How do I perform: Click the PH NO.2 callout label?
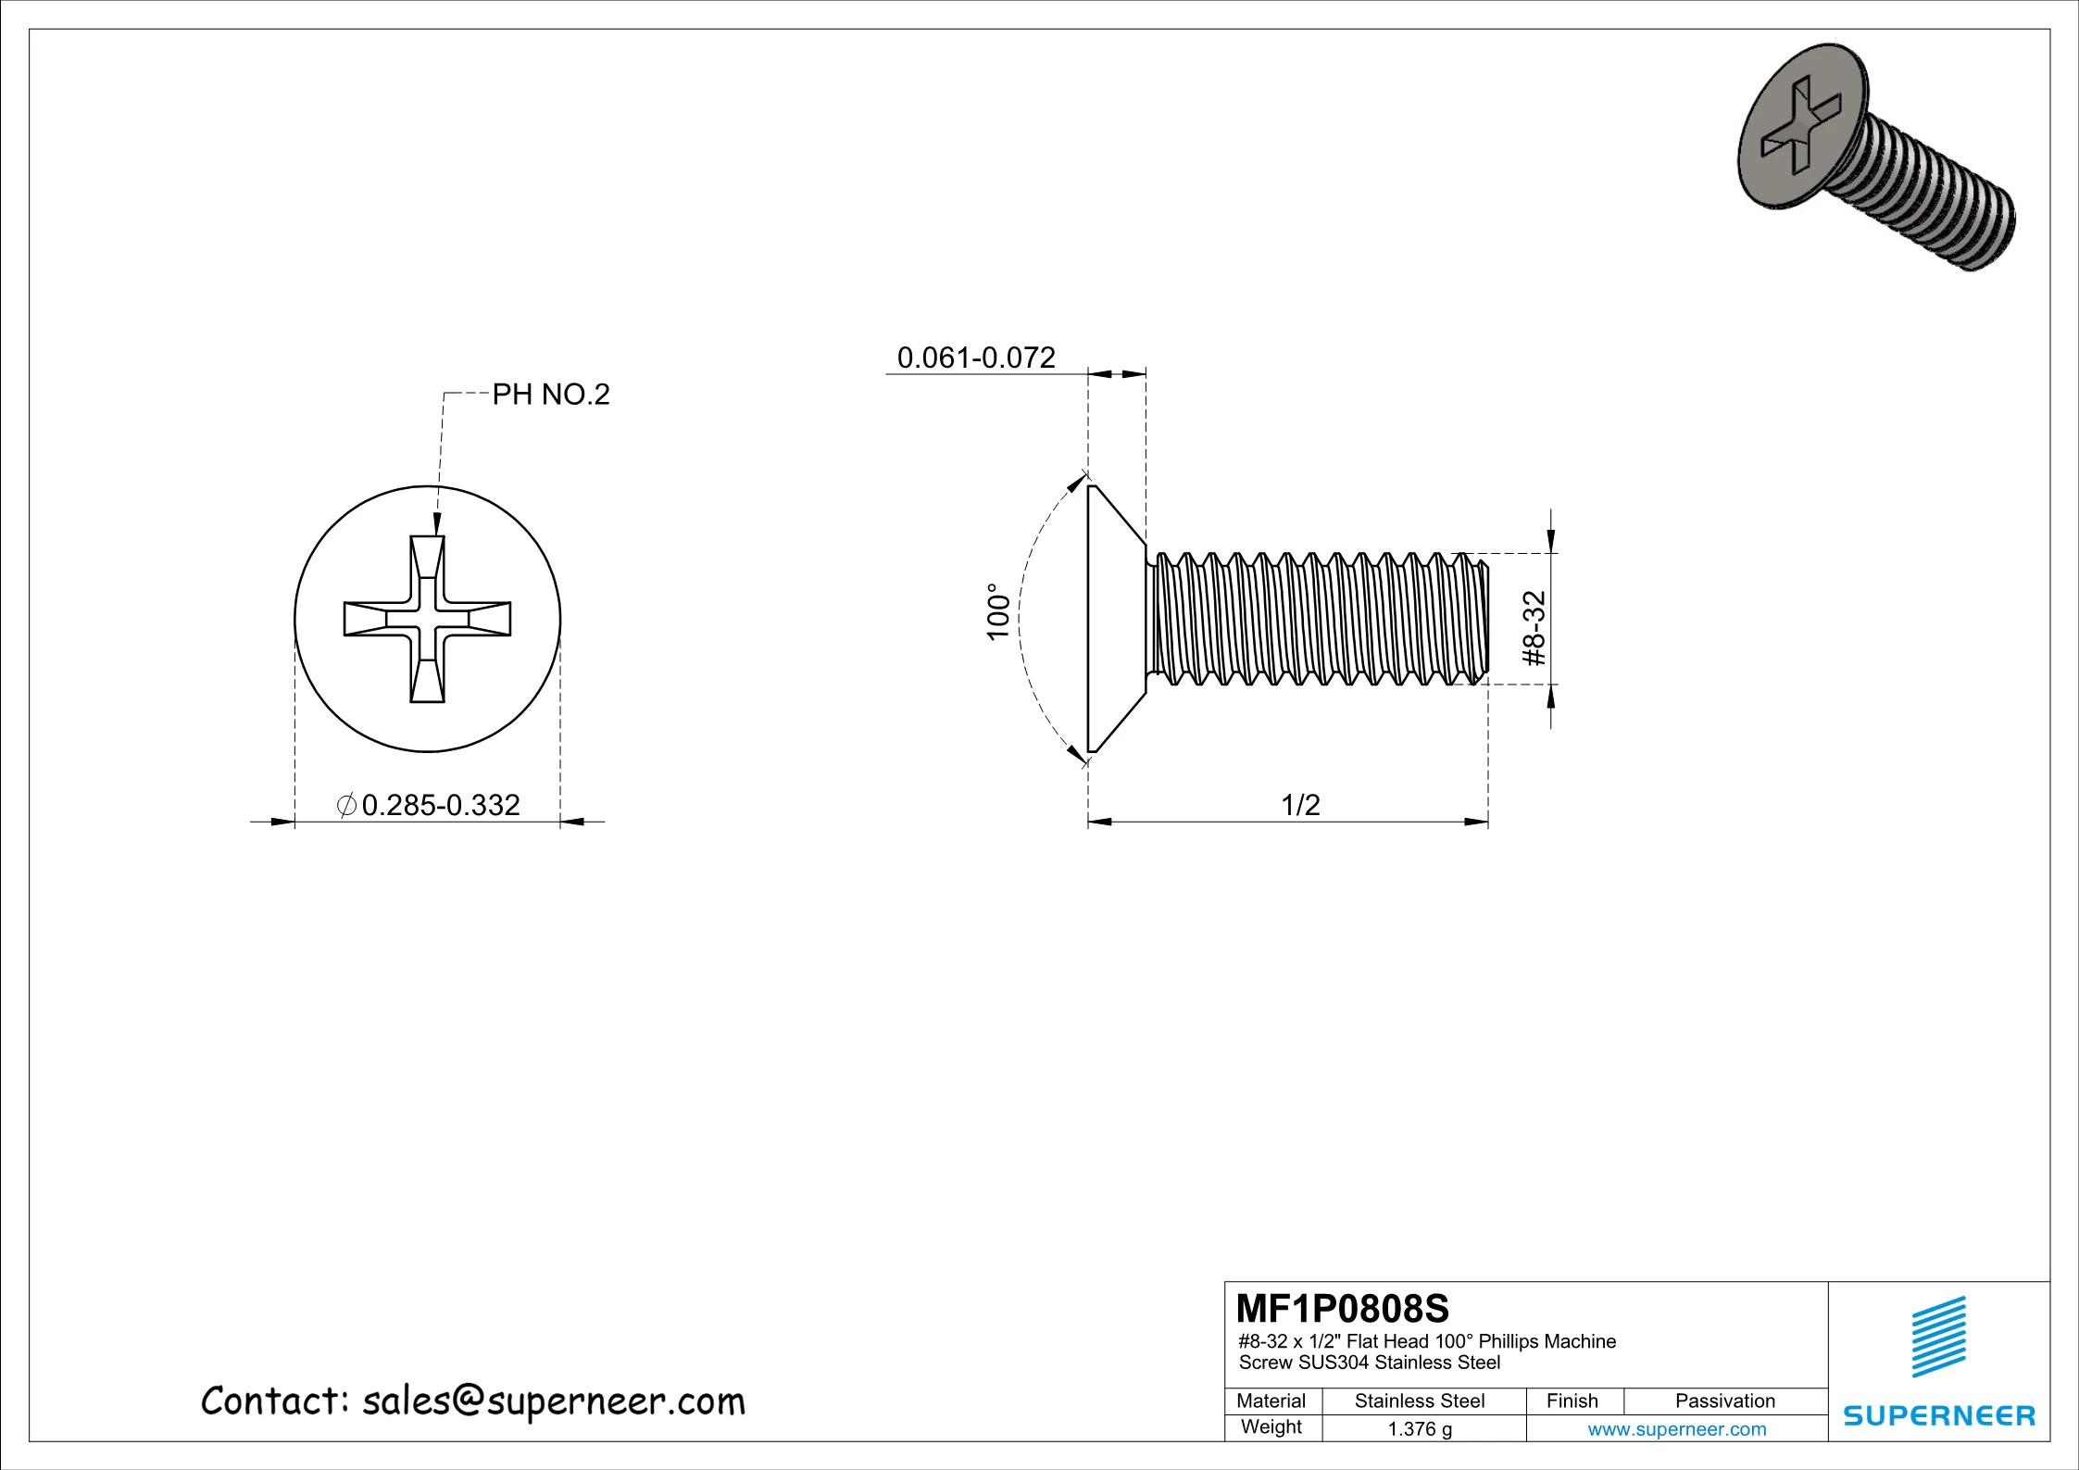(550, 396)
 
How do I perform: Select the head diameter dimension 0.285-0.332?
(439, 805)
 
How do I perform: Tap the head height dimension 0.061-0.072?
(976, 358)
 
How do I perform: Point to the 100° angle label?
(996, 612)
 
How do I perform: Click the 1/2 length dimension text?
(1300, 805)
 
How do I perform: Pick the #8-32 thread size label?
(1534, 629)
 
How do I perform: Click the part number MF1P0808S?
(1343, 1309)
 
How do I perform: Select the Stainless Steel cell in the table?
(1420, 1401)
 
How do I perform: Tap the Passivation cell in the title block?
(1725, 1401)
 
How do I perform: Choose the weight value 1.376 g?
(1420, 1429)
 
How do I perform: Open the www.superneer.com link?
(1677, 1429)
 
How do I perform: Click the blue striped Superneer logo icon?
(1939, 1337)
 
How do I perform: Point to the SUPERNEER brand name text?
(1939, 1416)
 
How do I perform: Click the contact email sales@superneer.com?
(554, 1401)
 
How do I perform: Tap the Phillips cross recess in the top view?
(427, 619)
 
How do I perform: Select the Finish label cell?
(1572, 1401)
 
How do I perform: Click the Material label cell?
(1271, 1401)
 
